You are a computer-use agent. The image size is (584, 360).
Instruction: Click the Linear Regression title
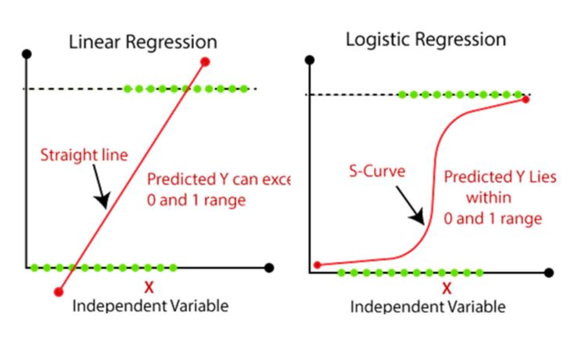tap(143, 42)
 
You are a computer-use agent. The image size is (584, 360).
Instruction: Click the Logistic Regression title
tap(426, 40)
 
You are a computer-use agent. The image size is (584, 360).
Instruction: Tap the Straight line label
tap(84, 155)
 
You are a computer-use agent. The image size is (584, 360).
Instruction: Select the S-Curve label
tap(377, 171)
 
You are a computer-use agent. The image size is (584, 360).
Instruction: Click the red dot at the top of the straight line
tap(205, 61)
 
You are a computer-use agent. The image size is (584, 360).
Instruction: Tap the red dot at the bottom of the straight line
tap(58, 292)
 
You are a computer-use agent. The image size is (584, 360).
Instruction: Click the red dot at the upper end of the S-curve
tap(526, 99)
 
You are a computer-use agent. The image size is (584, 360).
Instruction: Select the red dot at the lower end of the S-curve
tap(317, 265)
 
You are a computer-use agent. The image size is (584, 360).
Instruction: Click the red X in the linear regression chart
tap(149, 287)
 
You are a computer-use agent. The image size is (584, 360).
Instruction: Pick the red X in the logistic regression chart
tap(446, 288)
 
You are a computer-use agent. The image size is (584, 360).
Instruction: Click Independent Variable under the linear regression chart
tap(150, 305)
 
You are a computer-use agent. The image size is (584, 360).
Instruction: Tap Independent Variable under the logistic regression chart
tap(428, 307)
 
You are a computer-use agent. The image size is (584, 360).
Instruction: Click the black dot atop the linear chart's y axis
tap(27, 54)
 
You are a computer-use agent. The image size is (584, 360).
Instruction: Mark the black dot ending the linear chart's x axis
tap(269, 268)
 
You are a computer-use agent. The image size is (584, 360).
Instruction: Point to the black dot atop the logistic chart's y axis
tap(309, 60)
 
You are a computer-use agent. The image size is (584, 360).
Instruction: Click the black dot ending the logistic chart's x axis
tap(549, 272)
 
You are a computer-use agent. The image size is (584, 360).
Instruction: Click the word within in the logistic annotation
tap(488, 197)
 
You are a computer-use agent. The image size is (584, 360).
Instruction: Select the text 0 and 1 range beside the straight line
tap(196, 200)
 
